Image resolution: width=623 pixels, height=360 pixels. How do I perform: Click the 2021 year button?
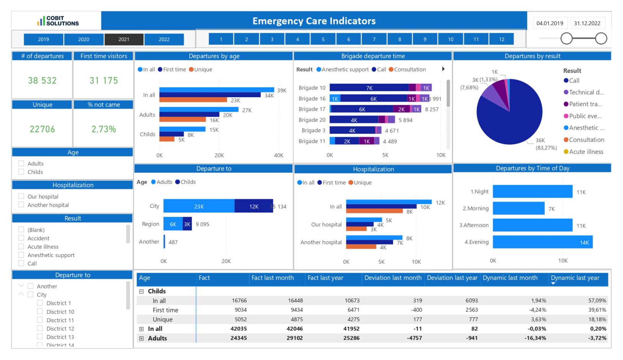pyautogui.click(x=124, y=39)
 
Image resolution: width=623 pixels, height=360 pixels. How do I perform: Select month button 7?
pyautogui.click(x=374, y=39)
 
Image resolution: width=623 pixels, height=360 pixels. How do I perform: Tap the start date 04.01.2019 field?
pyautogui.click(x=550, y=23)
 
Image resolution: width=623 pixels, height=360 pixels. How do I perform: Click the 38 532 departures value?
pyautogui.click(x=42, y=81)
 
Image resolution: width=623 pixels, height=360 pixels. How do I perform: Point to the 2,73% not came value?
pyautogui.click(x=103, y=129)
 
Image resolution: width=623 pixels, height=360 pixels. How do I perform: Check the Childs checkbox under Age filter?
pyautogui.click(x=21, y=172)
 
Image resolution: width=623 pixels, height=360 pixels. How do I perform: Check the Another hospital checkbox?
pyautogui.click(x=21, y=205)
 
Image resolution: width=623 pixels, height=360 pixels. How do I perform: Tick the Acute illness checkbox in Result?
pyautogui.click(x=21, y=247)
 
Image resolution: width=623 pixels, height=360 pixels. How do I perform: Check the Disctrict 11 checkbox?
pyautogui.click(x=40, y=320)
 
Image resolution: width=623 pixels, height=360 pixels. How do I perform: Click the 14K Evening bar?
pyautogui.click(x=542, y=242)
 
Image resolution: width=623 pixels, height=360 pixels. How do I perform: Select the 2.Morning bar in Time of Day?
pyautogui.click(x=518, y=209)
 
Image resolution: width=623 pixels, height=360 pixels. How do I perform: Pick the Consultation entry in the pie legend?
pyautogui.click(x=586, y=140)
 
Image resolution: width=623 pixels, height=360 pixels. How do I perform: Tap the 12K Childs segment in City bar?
pyautogui.click(x=253, y=206)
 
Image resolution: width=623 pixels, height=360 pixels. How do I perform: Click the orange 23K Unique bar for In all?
pyautogui.click(x=193, y=100)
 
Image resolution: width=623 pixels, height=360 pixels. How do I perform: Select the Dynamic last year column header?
pyautogui.click(x=575, y=278)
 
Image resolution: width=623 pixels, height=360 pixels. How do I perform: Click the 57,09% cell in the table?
pyautogui.click(x=597, y=301)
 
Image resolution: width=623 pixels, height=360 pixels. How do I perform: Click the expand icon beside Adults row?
pyautogui.click(x=142, y=339)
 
